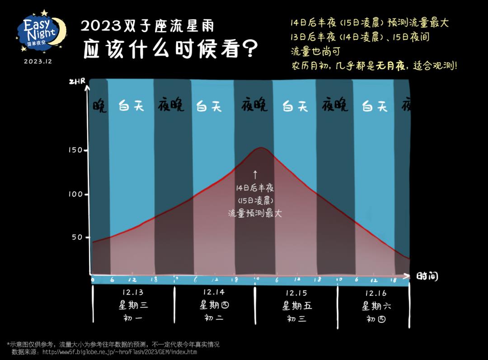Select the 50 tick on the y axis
pyautogui.click(x=78, y=237)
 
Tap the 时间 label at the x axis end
pyautogui.click(x=427, y=276)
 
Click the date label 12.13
pyautogui.click(x=133, y=293)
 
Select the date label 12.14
pyautogui.click(x=214, y=292)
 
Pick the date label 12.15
pyautogui.click(x=296, y=293)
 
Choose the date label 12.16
pyautogui.click(x=376, y=293)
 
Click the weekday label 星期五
pyautogui.click(x=297, y=306)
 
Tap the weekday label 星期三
pyautogui.click(x=133, y=305)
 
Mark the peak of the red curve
pyautogui.click(x=261, y=148)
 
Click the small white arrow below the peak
pyautogui.click(x=255, y=174)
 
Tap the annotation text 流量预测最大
pyautogui.click(x=255, y=213)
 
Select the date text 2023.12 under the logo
pyautogui.click(x=38, y=61)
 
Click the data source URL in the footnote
pyautogui.click(x=119, y=352)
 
